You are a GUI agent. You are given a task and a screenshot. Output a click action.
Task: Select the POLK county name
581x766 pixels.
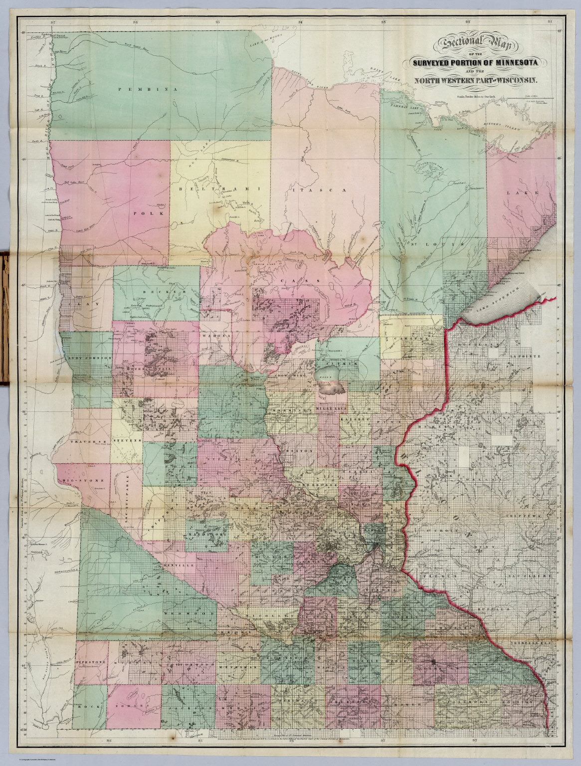coord(142,212)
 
